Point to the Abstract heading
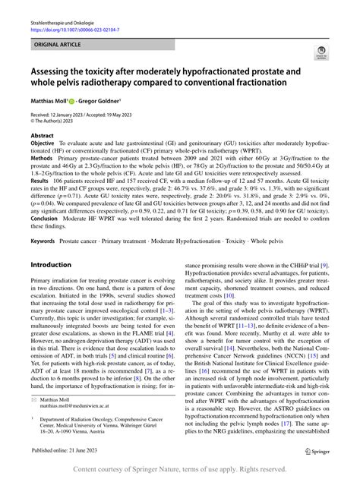(x=42, y=135)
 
